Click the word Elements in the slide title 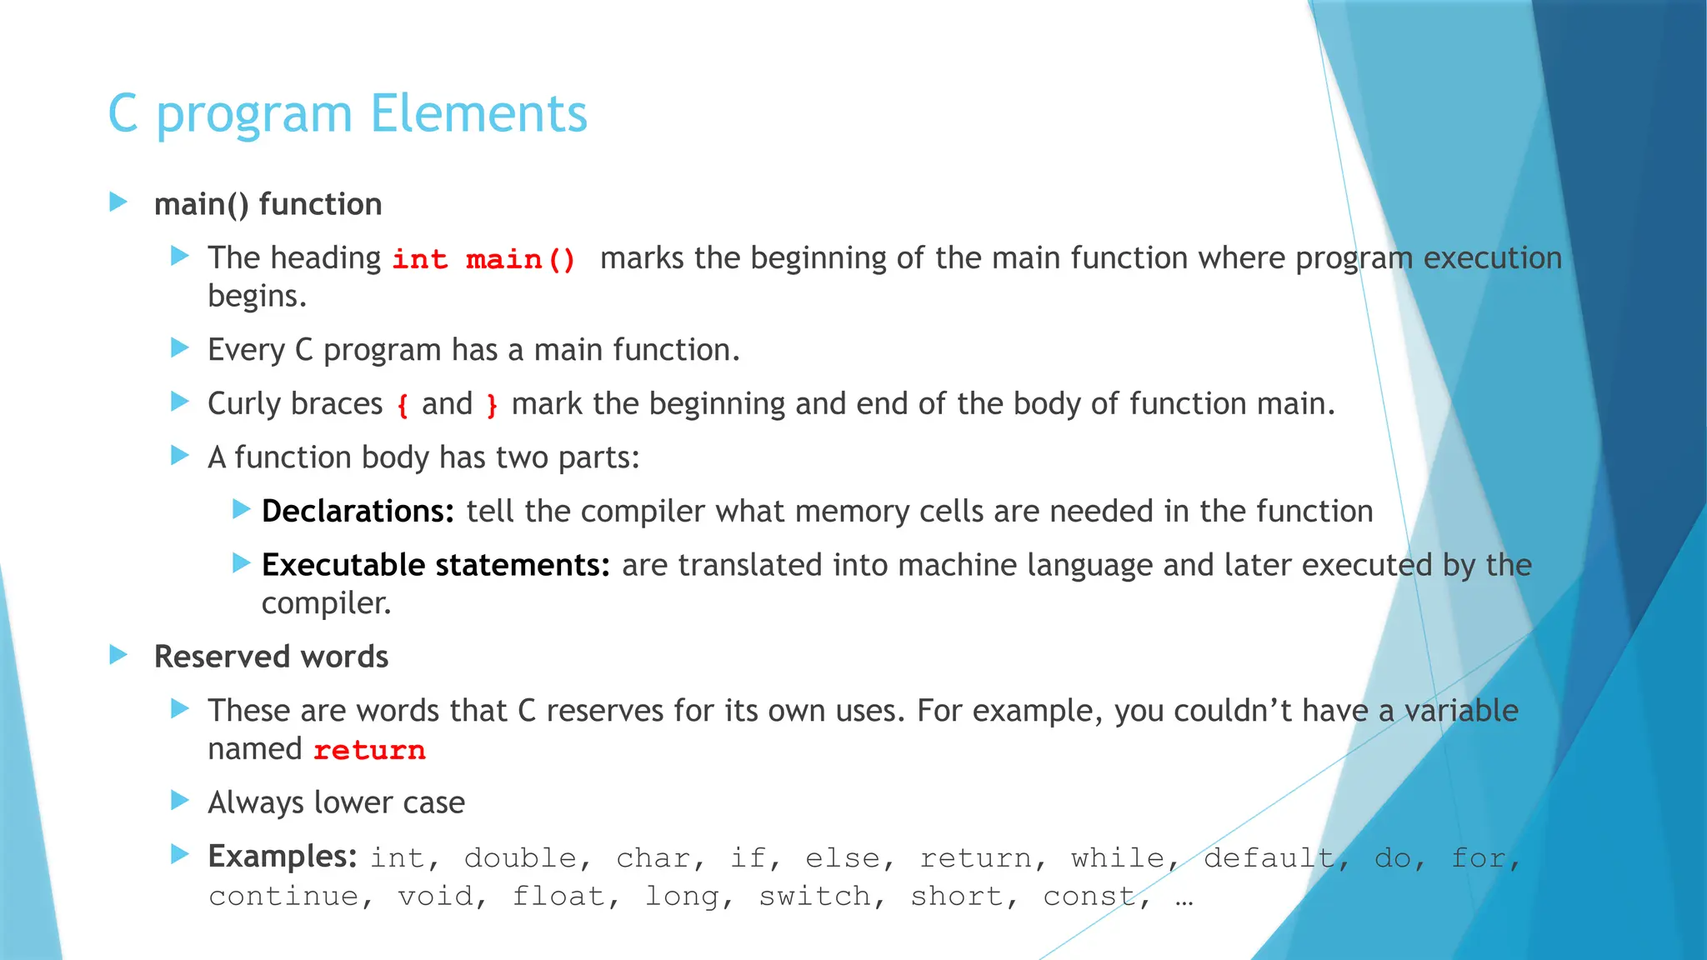[x=478, y=113]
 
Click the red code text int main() [x=483, y=259]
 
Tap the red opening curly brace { [x=403, y=406]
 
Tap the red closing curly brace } [x=492, y=406]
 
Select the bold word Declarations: [x=358, y=511]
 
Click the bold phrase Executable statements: [x=435, y=565]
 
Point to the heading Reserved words [x=271, y=657]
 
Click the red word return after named [x=369, y=750]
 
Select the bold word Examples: [x=282, y=856]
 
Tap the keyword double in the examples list [x=520, y=857]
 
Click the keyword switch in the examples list [x=814, y=896]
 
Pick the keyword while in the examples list [x=1117, y=857]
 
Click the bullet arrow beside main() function [x=118, y=202]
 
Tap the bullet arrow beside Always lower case [x=180, y=801]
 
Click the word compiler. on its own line [x=326, y=603]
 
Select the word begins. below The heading [x=257, y=297]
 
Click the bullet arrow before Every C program [x=180, y=347]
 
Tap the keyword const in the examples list [x=1089, y=896]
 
